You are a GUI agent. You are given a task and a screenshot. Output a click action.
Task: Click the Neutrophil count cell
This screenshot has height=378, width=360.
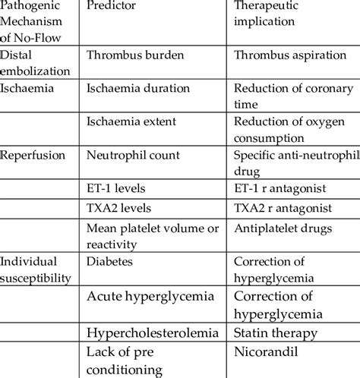click(x=134, y=155)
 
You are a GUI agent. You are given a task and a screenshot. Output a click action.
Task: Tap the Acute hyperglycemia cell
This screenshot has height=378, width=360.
click(x=151, y=295)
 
